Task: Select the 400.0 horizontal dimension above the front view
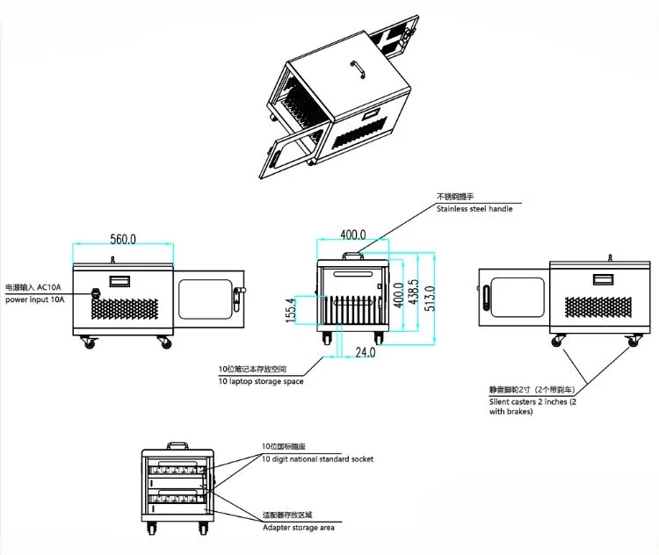(x=353, y=235)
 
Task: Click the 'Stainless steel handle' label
(x=474, y=209)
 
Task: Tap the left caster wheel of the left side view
(x=88, y=342)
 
